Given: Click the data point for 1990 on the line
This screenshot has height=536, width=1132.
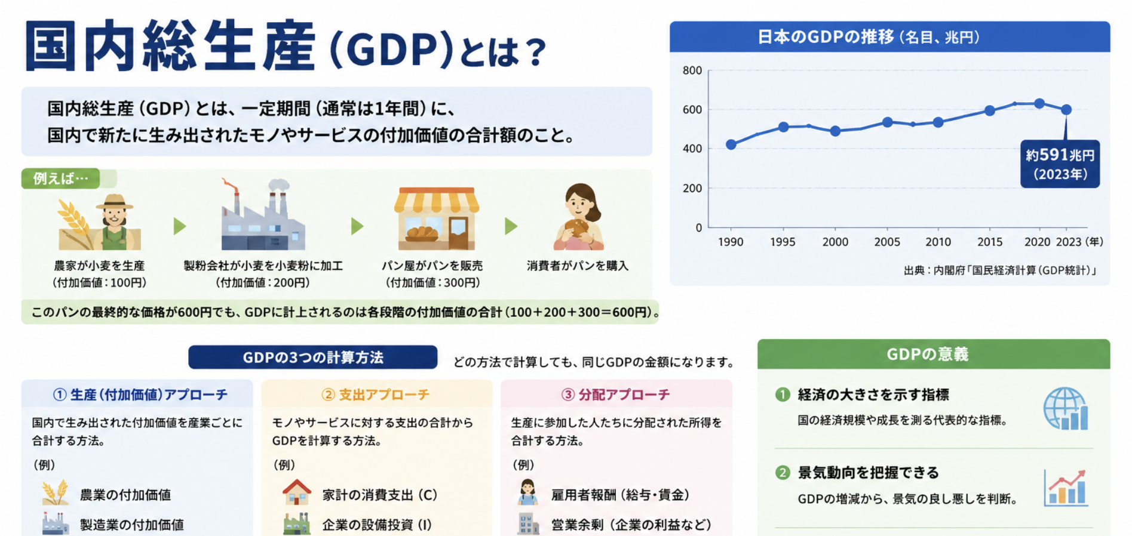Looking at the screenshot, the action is [x=731, y=144].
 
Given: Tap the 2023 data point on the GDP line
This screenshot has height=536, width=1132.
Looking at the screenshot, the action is [x=1066, y=109].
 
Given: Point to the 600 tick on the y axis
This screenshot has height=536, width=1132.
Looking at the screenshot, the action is [x=692, y=110].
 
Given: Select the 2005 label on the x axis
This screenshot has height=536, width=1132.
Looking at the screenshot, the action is [x=887, y=242].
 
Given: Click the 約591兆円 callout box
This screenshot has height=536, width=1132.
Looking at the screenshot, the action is [x=1060, y=164].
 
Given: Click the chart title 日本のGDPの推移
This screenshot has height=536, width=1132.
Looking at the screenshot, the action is [x=826, y=37].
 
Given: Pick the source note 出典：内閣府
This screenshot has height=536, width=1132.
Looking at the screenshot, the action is [x=1000, y=270].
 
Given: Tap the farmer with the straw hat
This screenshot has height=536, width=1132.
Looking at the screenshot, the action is [x=113, y=222].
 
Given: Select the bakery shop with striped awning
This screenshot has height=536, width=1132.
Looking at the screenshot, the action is [x=436, y=218].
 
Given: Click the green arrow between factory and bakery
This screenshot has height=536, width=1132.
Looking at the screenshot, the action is [x=357, y=226].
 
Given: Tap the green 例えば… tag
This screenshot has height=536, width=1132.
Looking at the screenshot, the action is [x=61, y=178].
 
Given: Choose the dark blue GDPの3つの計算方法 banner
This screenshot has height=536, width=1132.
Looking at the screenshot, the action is [x=312, y=357].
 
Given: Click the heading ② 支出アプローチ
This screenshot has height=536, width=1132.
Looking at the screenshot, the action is [x=375, y=395].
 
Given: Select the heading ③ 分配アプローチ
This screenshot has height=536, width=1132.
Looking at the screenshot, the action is [x=615, y=395].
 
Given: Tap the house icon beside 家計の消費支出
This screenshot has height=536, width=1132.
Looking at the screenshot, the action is [x=297, y=492].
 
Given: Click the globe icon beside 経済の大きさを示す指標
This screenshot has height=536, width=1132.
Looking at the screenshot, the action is [x=1065, y=409].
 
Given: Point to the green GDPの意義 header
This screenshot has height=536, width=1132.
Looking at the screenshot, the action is [x=933, y=354].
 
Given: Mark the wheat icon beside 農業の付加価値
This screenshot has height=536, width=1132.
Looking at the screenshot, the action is [x=55, y=493].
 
